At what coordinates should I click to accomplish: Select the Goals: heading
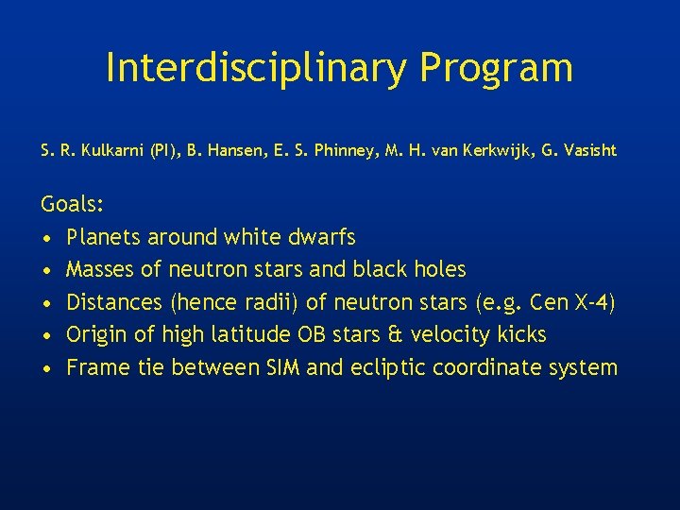click(x=72, y=204)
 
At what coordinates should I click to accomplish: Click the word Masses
click(x=100, y=269)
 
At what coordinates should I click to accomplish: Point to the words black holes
click(x=409, y=269)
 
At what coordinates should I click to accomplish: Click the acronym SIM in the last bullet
click(x=280, y=367)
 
